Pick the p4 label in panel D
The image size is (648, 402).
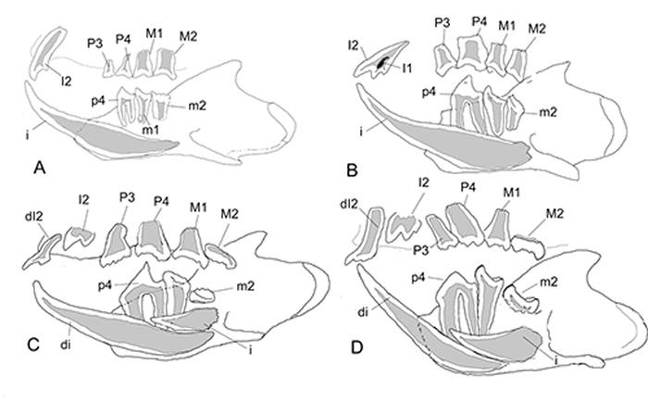point(419,277)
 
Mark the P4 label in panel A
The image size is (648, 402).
point(123,38)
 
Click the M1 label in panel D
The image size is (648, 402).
point(509,192)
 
